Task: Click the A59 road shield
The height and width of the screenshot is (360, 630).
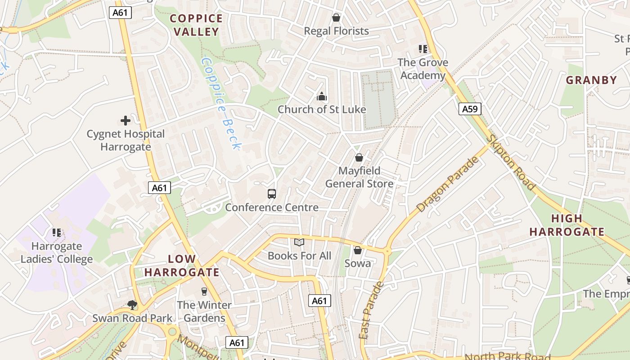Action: [x=470, y=109]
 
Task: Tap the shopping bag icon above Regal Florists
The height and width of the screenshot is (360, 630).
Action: [x=336, y=18]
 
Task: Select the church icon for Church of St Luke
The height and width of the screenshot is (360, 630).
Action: [x=321, y=96]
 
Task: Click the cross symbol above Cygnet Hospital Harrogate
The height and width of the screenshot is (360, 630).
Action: [x=126, y=121]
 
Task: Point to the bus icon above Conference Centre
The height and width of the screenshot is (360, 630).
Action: [x=272, y=194]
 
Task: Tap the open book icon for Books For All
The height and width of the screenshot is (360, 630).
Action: [x=299, y=243]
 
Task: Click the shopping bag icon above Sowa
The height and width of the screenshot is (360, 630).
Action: [x=358, y=250]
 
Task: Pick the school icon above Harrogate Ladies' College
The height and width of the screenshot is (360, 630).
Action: [x=57, y=233]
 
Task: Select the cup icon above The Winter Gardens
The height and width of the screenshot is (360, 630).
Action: [x=204, y=292]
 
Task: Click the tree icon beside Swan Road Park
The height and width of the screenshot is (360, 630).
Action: [x=132, y=305]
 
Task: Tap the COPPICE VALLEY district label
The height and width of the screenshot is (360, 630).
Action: [x=196, y=25]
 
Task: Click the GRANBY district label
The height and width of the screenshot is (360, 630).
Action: [x=591, y=81]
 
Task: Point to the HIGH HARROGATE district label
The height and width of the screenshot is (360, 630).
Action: [x=567, y=225]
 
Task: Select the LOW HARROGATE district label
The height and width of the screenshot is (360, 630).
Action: [x=182, y=265]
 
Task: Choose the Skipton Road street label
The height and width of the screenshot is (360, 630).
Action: [x=511, y=162]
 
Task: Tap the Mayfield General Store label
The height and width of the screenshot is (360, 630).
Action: [x=359, y=177]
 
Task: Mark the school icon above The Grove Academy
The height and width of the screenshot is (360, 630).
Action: [x=423, y=49]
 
